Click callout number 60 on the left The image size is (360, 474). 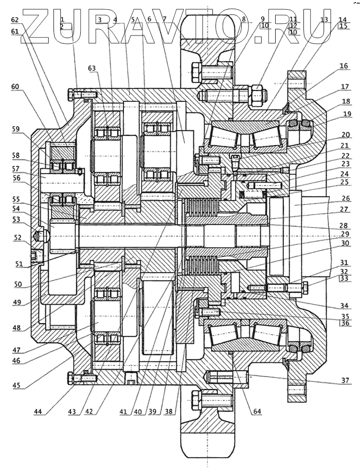pyautogui.click(x=15, y=87)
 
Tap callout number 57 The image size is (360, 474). pyautogui.click(x=15, y=168)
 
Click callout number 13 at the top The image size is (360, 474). pyautogui.click(x=323, y=19)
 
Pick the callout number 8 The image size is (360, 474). pyautogui.click(x=245, y=19)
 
